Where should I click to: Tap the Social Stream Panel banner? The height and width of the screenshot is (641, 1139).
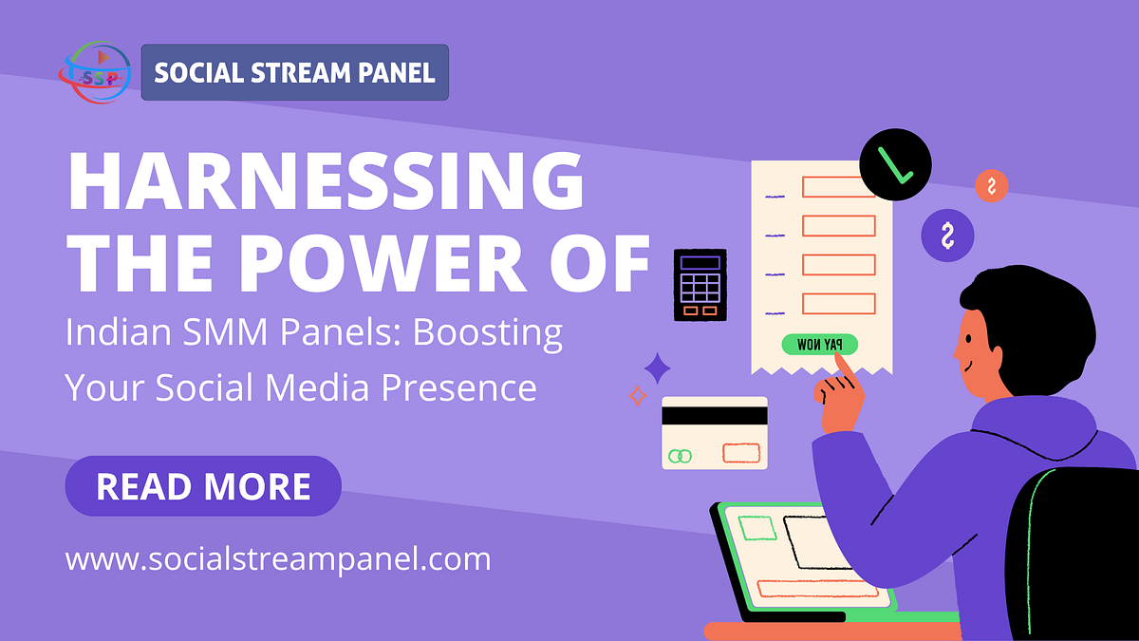(295, 72)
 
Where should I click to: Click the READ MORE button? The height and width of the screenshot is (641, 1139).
(203, 486)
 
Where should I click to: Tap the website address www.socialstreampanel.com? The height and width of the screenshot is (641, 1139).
(278, 558)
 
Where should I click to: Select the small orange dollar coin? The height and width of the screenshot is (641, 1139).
(991, 185)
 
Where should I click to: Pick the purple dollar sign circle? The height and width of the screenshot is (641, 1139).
(947, 236)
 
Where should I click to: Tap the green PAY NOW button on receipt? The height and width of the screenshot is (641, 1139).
(820, 345)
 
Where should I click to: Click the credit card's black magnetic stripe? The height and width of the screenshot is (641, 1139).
(714, 416)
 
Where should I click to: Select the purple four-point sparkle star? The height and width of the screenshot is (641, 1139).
(657, 368)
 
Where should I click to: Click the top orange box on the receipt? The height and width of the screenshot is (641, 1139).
(838, 186)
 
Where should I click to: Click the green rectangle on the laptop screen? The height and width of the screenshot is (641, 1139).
(756, 527)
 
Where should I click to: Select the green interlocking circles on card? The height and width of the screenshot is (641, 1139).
(680, 456)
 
